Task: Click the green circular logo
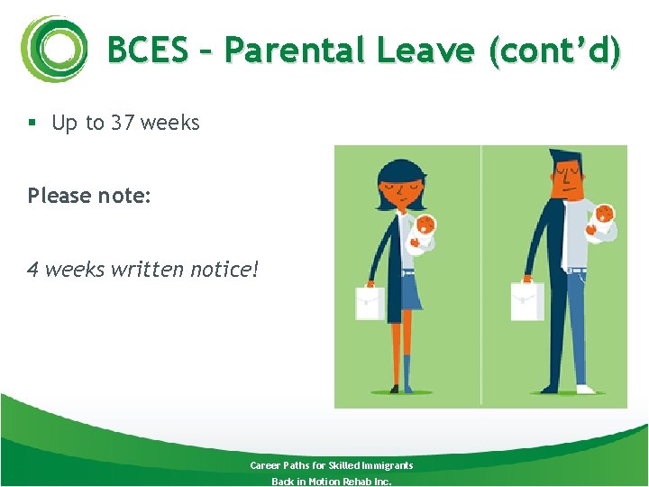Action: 54,49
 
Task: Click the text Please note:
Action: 88,195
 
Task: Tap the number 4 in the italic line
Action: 33,268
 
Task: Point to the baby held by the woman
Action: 421,233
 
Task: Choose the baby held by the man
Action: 602,221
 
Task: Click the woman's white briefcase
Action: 370,303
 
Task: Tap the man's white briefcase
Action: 527,301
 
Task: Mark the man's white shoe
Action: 585,389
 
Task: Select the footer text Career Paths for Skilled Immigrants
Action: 331,465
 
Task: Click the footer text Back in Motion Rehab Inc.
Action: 331,481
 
